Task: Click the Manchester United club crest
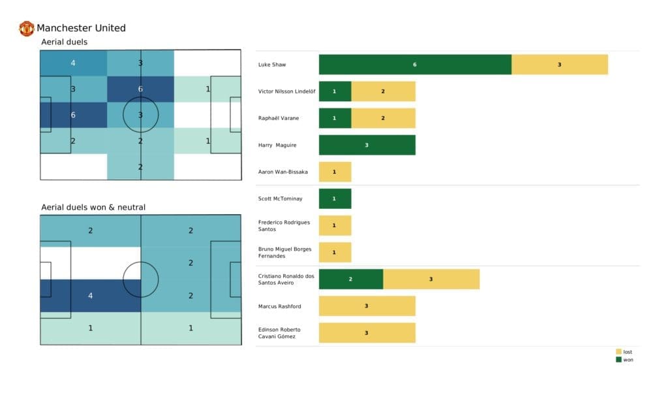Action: point(27,28)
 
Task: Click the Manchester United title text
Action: point(81,28)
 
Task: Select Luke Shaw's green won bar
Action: point(415,65)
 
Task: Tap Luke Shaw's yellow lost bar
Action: point(560,65)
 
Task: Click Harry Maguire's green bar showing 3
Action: point(367,145)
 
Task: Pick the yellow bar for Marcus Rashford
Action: point(367,306)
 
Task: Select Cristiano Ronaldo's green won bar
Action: point(351,279)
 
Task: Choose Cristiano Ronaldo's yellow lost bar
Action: point(431,279)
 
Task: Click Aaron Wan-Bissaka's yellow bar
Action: point(335,172)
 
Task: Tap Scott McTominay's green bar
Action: point(335,198)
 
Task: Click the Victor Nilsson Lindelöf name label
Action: point(286,91)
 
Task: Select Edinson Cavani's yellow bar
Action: point(367,332)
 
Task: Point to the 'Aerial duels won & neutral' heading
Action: point(93,208)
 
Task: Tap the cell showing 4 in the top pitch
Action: point(73,63)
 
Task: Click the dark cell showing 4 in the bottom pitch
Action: point(91,296)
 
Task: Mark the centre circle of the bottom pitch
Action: point(141,279)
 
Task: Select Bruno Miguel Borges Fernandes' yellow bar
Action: point(335,252)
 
